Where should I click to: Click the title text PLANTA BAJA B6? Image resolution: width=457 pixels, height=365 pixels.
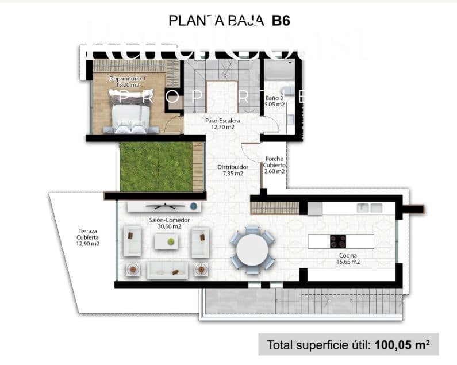tap(229, 21)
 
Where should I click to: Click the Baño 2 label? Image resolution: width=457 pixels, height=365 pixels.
tap(275, 101)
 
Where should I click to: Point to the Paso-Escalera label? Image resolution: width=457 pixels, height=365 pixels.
tap(222, 124)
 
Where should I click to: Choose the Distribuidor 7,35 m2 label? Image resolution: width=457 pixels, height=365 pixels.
tap(230, 170)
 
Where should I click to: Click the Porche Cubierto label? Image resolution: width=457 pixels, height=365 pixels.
tap(274, 165)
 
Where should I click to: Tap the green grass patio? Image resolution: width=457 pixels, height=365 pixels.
tap(155, 167)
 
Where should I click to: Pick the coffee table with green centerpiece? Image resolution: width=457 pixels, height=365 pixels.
tap(170, 242)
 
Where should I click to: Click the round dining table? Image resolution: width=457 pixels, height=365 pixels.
tap(253, 249)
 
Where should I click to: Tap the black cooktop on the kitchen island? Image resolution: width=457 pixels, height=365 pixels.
tap(337, 241)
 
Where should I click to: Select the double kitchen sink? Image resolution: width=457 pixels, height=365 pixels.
tap(370, 208)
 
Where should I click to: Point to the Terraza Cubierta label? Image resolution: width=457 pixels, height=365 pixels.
tap(89, 237)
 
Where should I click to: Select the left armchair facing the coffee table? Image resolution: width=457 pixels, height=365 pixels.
tap(133, 241)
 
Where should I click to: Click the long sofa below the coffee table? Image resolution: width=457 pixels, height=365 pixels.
tap(167, 269)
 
